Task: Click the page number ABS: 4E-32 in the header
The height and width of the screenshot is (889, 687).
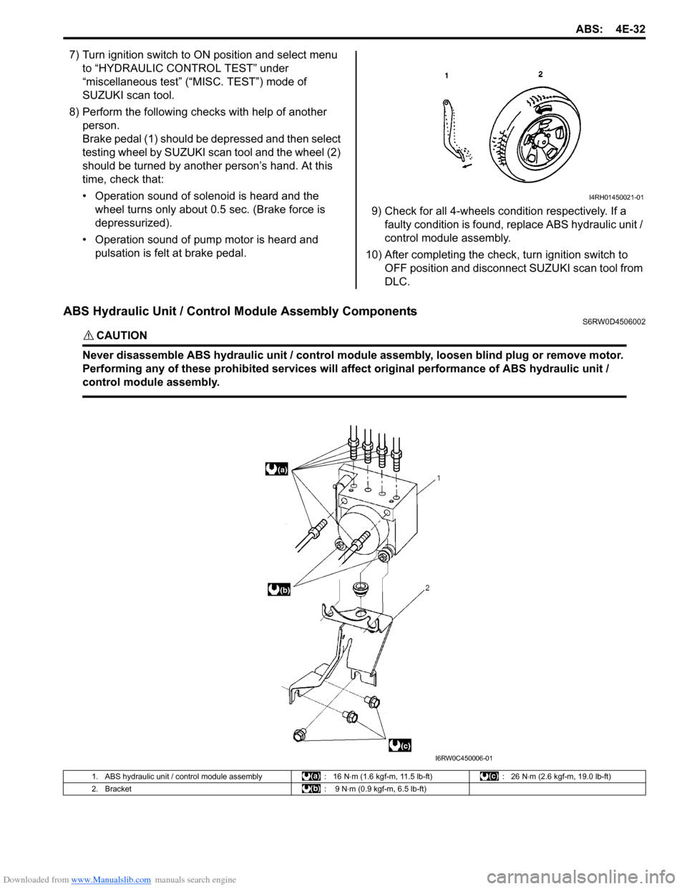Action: [x=610, y=29]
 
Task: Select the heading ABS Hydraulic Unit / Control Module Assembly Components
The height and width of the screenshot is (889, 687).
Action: [x=240, y=311]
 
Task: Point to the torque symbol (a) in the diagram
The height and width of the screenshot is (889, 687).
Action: [x=276, y=470]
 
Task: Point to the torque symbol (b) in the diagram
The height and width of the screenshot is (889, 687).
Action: [x=278, y=589]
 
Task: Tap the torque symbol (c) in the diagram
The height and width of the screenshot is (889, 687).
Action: [x=400, y=746]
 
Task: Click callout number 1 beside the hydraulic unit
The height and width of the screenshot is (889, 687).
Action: [x=438, y=477]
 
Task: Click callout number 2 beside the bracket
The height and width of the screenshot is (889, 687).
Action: [x=427, y=588]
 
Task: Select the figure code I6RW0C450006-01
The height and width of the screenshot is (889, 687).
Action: [x=464, y=758]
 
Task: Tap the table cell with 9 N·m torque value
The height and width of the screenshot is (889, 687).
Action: [x=379, y=789]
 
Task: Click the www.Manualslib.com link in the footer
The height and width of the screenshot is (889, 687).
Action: [x=111, y=880]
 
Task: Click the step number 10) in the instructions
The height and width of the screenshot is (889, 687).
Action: [x=374, y=255]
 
